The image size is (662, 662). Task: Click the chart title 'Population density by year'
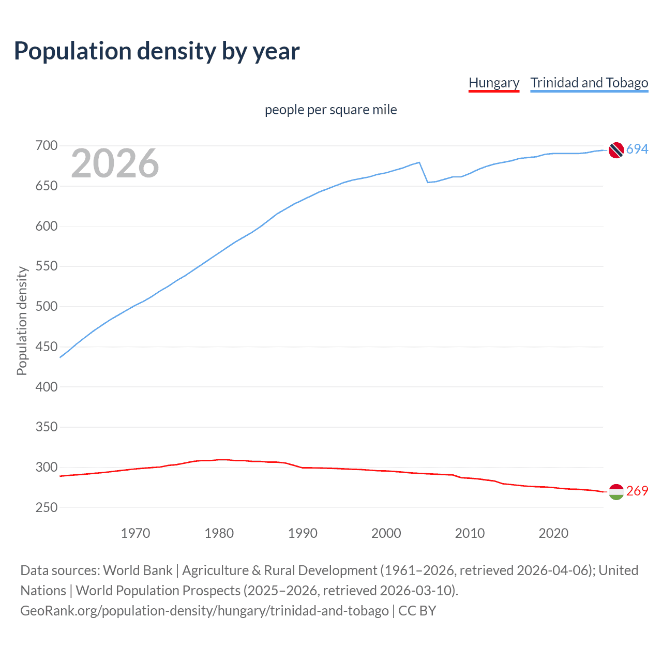[157, 51]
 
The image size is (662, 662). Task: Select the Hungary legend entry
[493, 83]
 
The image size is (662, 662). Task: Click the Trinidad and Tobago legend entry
[589, 83]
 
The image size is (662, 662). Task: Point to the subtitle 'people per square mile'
[330, 110]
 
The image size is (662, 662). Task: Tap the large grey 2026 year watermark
[115, 163]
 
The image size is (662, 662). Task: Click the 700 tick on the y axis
[46, 146]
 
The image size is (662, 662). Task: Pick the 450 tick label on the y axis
[46, 347]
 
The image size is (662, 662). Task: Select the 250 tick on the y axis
[46, 507]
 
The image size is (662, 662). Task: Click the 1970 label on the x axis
[136, 533]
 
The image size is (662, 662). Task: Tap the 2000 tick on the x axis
[386, 533]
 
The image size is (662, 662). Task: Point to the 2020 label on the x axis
[553, 533]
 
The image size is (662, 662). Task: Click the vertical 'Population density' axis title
[22, 321]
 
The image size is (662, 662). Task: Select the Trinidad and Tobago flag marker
[615, 150]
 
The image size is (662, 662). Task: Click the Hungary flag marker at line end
[615, 492]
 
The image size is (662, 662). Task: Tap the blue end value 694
[637, 149]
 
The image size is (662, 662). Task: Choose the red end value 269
[637, 491]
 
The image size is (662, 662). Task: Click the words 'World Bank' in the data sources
[138, 570]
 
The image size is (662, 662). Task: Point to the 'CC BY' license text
[417, 611]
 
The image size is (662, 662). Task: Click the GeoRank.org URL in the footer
[204, 611]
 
